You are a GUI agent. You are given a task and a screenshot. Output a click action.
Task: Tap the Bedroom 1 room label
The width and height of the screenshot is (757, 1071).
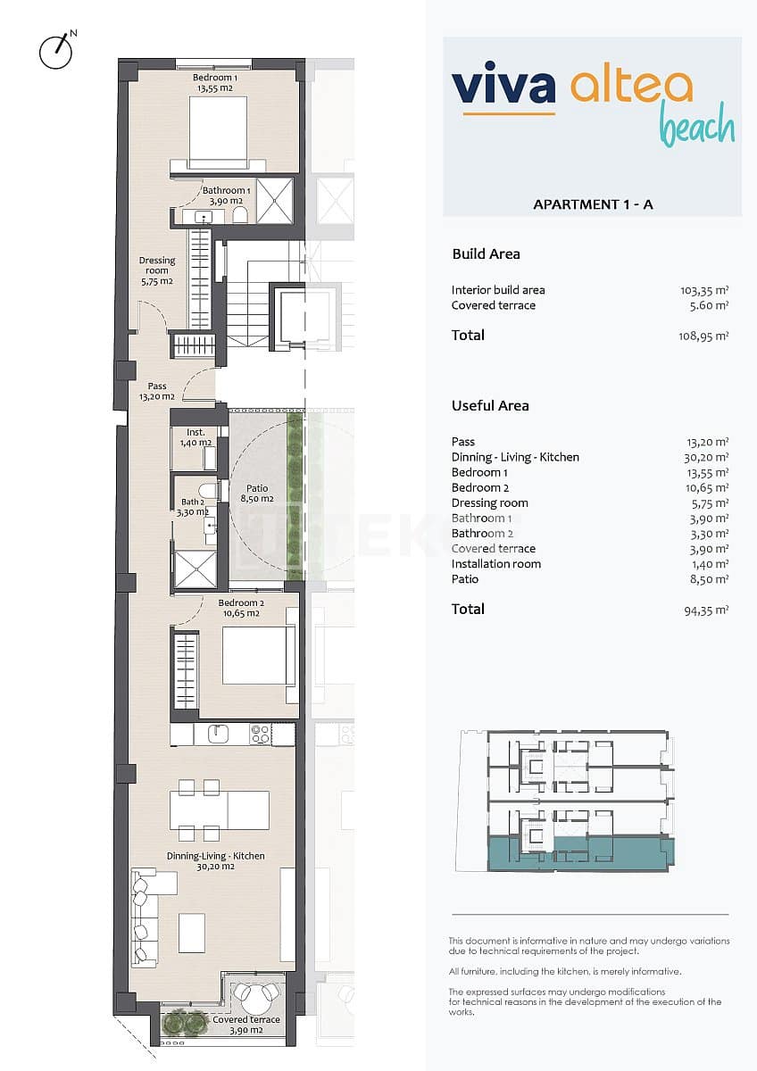[214, 83]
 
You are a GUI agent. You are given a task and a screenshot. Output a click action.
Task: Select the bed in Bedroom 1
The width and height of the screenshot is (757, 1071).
[218, 132]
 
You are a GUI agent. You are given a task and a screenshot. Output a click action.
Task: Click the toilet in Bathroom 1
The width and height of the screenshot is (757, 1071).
[238, 215]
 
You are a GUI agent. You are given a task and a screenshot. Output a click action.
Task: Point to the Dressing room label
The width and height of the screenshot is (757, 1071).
[156, 270]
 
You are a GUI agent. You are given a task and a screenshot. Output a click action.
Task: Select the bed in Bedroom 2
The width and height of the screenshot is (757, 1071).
[258, 656]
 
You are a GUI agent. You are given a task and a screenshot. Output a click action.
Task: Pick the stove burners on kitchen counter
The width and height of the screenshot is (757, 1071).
[260, 734]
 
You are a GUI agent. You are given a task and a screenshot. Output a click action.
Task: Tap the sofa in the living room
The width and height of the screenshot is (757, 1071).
[144, 917]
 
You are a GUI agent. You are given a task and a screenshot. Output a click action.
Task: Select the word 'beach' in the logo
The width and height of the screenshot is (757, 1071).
[697, 127]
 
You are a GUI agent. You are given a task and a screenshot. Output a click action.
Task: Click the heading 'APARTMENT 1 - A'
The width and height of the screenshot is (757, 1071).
[593, 204]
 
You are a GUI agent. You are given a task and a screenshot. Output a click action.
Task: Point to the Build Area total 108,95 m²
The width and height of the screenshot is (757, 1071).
[704, 336]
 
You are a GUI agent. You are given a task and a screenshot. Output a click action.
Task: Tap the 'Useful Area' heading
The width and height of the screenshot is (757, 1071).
[490, 405]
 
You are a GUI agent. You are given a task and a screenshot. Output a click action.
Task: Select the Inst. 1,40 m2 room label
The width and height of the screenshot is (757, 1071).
[195, 437]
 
